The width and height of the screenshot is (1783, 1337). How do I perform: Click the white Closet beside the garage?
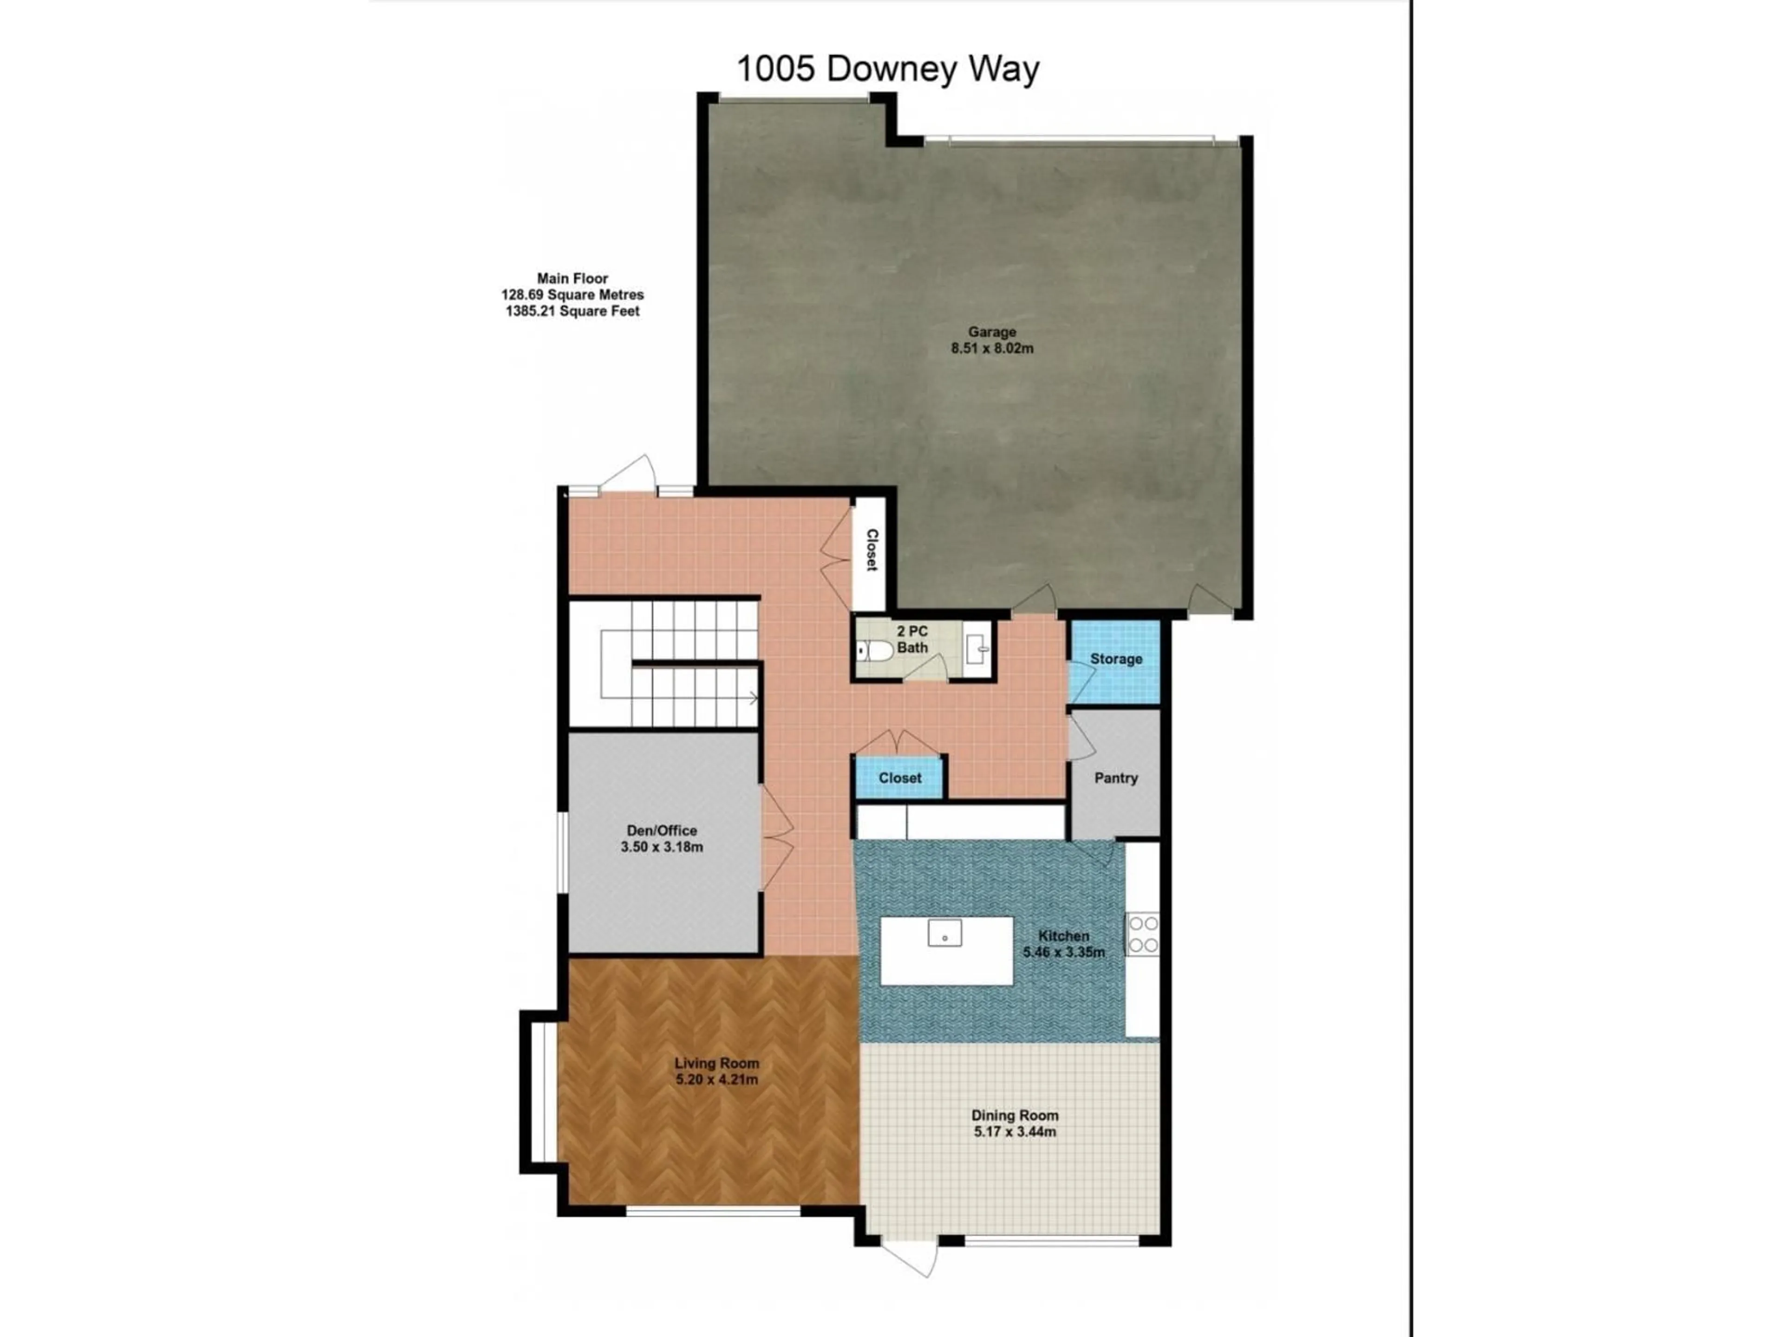[871, 551]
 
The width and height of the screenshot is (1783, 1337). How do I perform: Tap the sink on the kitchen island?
[945, 933]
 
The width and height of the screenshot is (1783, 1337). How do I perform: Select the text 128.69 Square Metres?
[573, 295]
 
